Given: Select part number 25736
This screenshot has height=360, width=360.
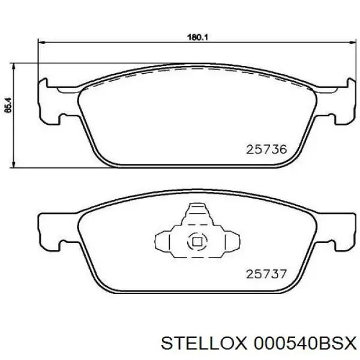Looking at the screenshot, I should click(267, 149).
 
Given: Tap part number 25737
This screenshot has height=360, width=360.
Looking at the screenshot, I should click(267, 274).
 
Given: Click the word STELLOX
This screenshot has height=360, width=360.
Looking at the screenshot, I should click(204, 343).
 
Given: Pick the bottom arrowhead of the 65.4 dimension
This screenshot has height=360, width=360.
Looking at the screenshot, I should click(14, 164).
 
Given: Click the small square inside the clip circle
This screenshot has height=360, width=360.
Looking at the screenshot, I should click(196, 242).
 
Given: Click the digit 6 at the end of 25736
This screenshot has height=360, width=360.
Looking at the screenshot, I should click(284, 149).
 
